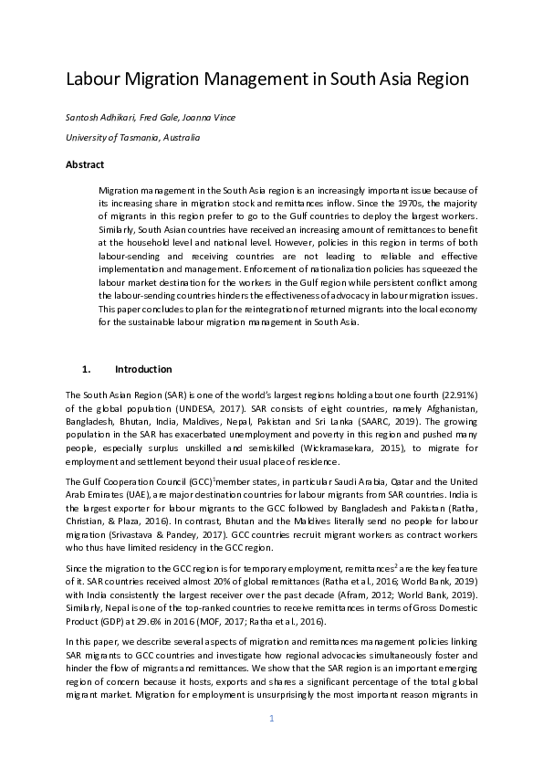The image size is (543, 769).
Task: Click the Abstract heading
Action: pos(85,164)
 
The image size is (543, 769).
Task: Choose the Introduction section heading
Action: pos(143,369)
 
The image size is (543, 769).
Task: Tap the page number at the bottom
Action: pos(271,719)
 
